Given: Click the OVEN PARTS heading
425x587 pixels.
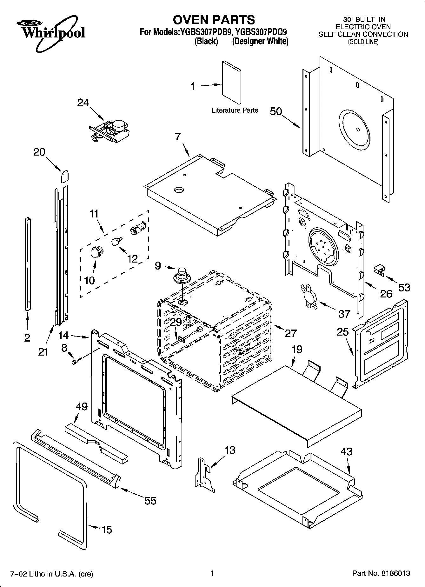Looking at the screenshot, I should pos(214,20).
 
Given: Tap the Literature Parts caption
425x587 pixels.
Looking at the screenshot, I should pos(235,110).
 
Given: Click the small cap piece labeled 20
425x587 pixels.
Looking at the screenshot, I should pos(65,176).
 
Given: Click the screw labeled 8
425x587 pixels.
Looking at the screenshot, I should pos(76,361).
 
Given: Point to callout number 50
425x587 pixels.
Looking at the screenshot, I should pos(276,111).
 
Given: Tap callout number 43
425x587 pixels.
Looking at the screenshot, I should pos(346,451).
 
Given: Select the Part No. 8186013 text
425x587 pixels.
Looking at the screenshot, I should pos(381,573).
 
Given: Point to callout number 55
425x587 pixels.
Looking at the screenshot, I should pos(150,501).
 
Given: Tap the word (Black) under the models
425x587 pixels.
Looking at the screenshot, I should pos(206,41).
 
